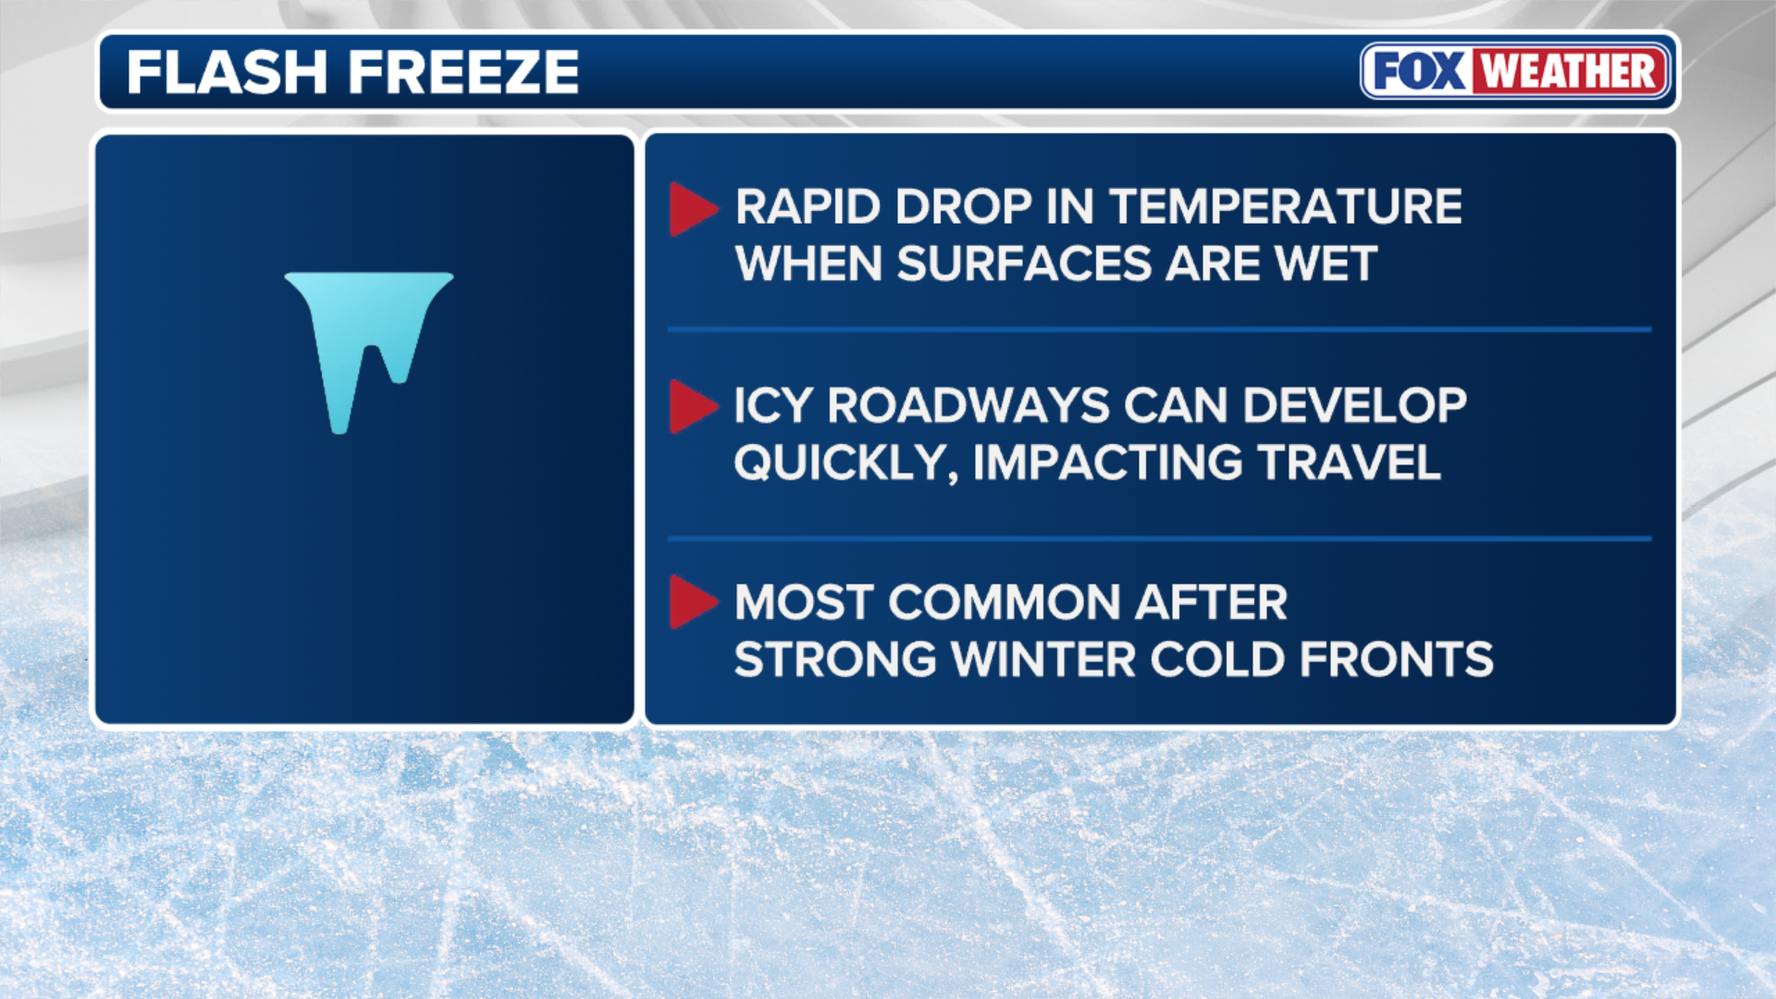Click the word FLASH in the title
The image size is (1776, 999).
pos(227,72)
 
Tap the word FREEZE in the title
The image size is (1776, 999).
pos(463,72)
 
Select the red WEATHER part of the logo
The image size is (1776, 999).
pos(1569,71)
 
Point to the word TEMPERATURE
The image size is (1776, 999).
pos(1286,206)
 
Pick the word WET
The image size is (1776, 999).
pos(1326,264)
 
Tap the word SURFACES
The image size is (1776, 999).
pos(1024,264)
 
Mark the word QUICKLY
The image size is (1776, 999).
pos(845,463)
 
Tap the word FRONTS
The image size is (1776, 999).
pos(1396,660)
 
